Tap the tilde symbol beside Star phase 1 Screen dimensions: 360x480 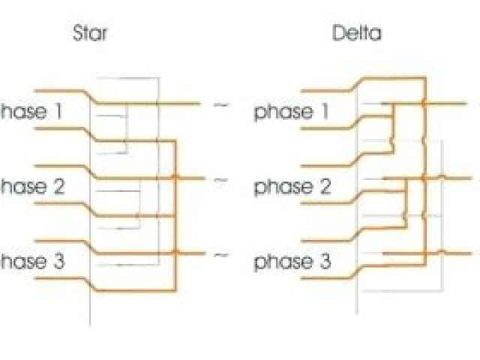(220, 104)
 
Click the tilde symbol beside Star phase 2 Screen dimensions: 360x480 (220, 180)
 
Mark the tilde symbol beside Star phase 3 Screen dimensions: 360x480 (220, 255)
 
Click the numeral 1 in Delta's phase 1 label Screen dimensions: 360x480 (325, 112)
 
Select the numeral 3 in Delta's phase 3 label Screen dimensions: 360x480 (325, 263)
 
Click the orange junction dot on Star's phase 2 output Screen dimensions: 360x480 (175, 178)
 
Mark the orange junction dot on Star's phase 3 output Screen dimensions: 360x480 (175, 253)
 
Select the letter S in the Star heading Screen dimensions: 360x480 (76, 34)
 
